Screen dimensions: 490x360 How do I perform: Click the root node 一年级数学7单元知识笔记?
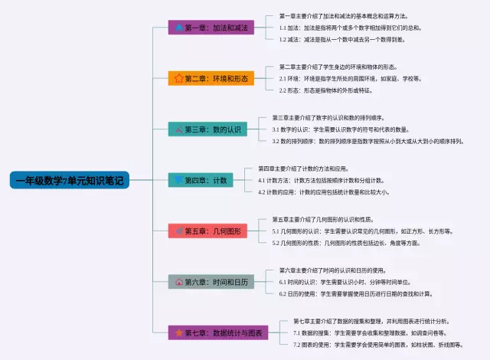click(x=70, y=180)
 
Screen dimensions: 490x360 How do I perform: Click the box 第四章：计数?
click(x=201, y=180)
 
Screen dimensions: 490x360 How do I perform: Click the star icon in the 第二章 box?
click(x=178, y=78)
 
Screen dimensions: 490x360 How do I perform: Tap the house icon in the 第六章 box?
click(x=178, y=282)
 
